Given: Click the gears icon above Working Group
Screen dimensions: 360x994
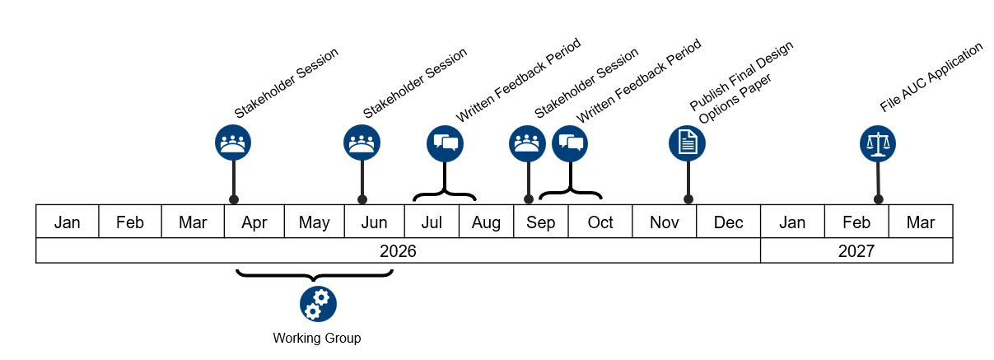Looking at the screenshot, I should coord(318,303).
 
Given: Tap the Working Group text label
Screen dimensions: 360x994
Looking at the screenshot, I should coord(317,339).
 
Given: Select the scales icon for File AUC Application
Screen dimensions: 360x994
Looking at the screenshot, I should coord(878,143).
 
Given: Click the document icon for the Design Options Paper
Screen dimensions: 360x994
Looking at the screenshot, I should coord(687,143).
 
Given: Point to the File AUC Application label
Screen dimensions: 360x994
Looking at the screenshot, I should coord(931,77).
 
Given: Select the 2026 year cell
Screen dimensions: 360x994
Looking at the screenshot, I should coord(398,251).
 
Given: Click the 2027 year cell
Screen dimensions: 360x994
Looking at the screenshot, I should coord(856,251).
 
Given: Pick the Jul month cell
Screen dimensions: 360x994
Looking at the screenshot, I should coord(432,222).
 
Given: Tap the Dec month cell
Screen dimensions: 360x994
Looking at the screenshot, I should coord(728,222).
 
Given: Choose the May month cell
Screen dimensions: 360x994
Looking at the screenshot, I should coord(315,222).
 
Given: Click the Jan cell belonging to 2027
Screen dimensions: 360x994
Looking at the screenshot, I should coord(792,222).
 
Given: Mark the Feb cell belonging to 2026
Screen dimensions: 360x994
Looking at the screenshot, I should coord(130,222).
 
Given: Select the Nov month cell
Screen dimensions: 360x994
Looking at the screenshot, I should coord(664,222).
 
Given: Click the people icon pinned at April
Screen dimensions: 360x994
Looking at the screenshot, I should coord(233,143).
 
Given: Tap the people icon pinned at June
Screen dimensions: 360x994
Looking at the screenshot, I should coord(362,143).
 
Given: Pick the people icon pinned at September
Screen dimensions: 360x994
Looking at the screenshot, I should coord(527,143).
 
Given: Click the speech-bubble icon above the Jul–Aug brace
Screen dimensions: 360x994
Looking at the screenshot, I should coord(445,143).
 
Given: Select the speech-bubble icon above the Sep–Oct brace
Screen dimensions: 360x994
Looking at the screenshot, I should coord(570,143).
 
